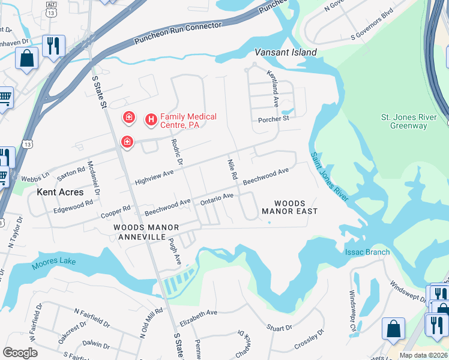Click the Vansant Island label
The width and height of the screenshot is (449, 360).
tap(285, 52)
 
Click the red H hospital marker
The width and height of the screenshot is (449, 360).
tap(151, 120)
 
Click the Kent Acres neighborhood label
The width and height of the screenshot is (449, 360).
tap(60, 192)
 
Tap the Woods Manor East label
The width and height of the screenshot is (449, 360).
tap(289, 208)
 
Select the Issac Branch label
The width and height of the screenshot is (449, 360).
tap(367, 252)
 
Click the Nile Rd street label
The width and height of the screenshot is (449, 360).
tap(232, 170)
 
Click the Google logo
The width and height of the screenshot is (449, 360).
tap(20, 353)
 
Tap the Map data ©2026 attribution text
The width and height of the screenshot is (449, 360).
tap(424, 355)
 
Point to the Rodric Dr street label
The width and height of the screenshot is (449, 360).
tap(176, 153)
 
